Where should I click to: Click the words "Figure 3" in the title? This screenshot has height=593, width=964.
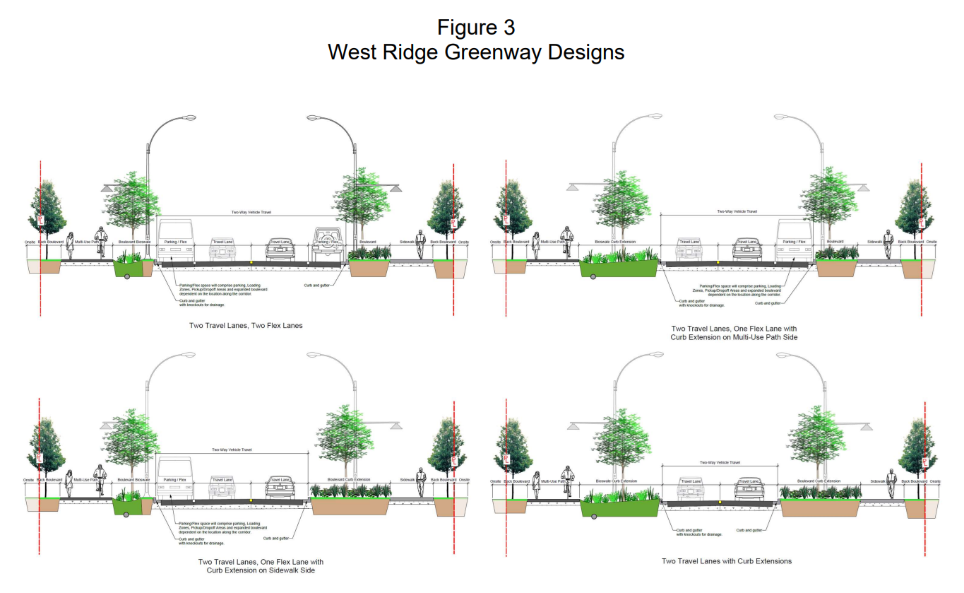(x=475, y=28)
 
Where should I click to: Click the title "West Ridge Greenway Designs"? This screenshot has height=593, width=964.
(x=475, y=52)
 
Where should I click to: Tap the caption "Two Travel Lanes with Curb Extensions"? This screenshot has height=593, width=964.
(x=726, y=561)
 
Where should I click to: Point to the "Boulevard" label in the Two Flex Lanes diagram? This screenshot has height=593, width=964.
(x=368, y=242)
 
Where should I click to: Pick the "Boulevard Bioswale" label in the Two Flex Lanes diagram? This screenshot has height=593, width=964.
(x=134, y=242)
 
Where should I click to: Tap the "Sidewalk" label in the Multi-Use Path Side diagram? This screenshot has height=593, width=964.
(x=875, y=242)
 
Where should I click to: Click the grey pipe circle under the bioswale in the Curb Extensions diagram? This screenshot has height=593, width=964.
(x=592, y=514)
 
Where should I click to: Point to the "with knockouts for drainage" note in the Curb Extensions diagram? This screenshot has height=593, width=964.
(x=699, y=534)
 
